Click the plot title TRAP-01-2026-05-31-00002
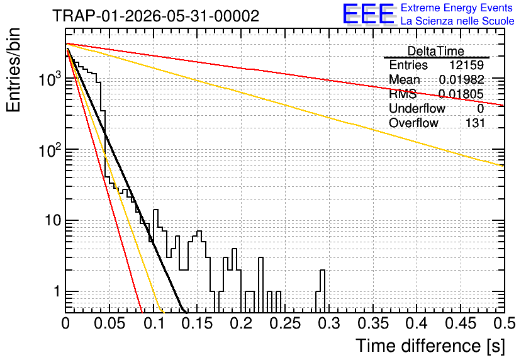156,16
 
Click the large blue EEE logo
369,14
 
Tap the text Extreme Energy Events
457,8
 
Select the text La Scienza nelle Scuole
457,21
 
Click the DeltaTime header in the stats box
436,51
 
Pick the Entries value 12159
467,65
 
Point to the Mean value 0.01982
462,79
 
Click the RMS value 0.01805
461,94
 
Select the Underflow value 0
480,108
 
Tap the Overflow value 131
475,123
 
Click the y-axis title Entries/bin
13,70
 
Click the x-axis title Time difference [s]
430,346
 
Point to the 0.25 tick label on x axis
285,323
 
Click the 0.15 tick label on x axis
198,323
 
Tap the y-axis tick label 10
52,220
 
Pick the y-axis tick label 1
57,291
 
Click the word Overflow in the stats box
413,123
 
